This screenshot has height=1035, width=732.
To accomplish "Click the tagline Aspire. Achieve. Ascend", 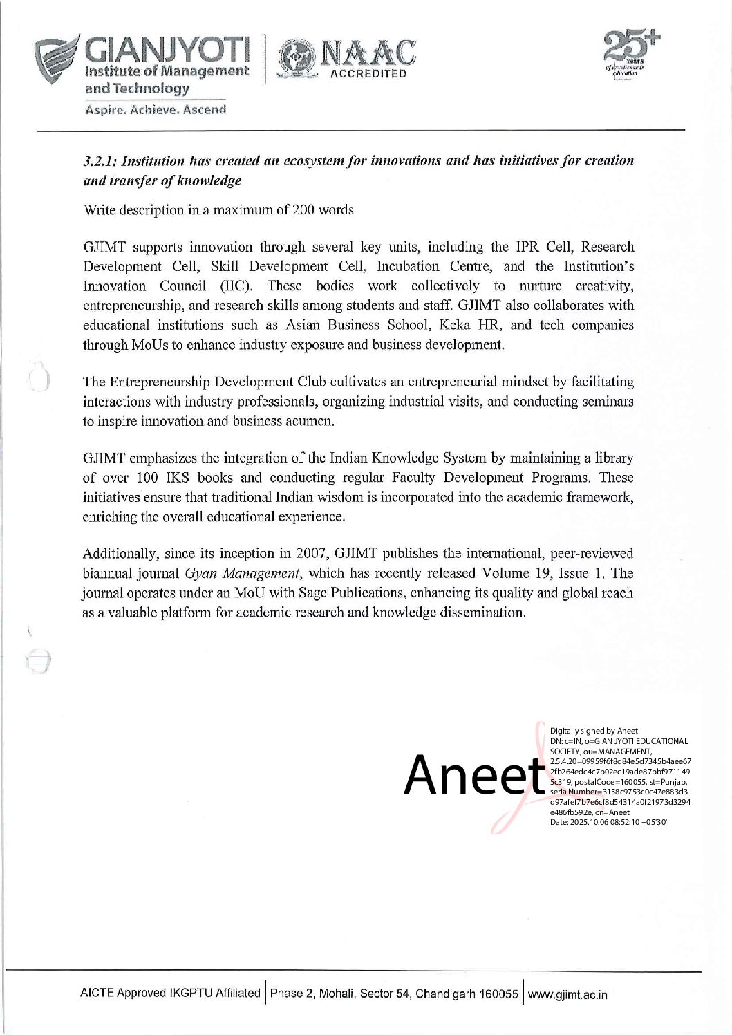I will point(156,110).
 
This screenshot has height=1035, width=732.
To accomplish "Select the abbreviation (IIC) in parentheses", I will point(234,286).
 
